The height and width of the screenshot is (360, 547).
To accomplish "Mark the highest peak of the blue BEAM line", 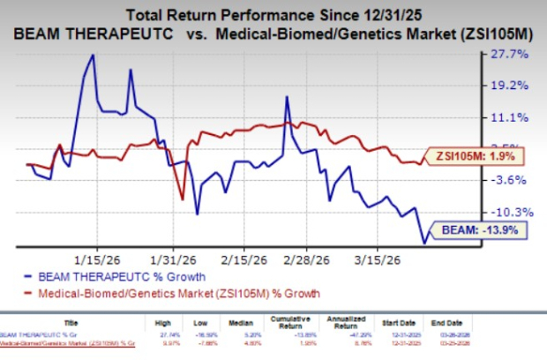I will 93,55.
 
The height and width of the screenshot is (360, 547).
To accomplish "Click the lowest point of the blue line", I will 424,244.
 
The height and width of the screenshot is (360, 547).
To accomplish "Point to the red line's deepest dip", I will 183,199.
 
